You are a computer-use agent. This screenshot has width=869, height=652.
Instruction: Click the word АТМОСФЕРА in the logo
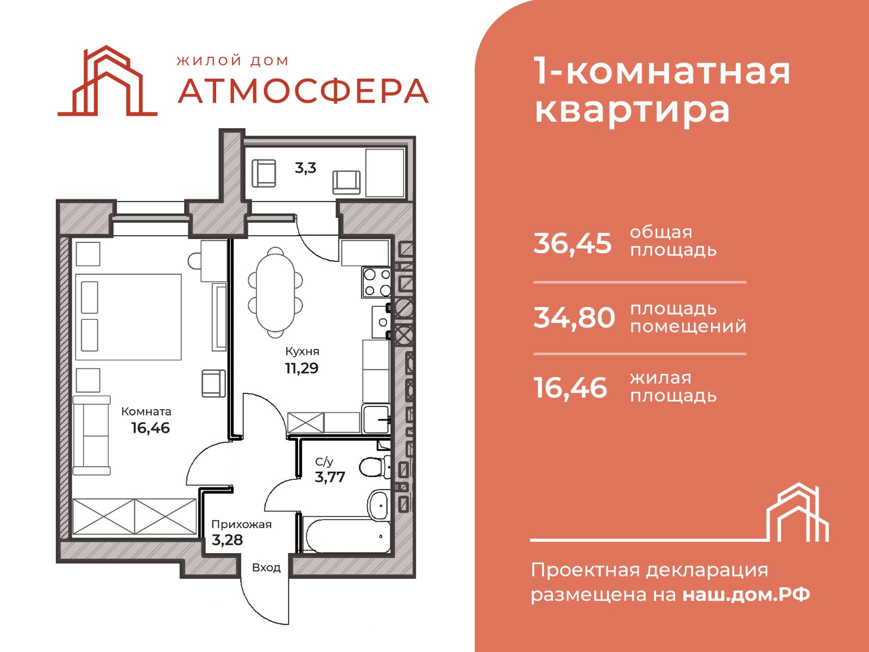coord(303,91)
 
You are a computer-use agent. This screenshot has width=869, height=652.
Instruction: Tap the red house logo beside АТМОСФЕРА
coord(108,81)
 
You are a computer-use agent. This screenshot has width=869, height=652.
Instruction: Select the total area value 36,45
coord(572,243)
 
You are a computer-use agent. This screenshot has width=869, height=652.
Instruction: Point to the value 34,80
coord(574,318)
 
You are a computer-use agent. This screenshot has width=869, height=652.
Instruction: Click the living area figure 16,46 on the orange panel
coord(570,388)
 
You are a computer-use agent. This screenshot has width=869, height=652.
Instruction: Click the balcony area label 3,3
coord(306,168)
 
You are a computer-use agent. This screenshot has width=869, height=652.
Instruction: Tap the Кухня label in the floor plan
coord(303,352)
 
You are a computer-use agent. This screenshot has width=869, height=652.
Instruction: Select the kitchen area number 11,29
coord(301,368)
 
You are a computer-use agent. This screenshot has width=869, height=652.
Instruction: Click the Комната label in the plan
coord(146,412)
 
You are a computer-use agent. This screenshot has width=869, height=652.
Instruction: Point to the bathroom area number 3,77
coord(330,477)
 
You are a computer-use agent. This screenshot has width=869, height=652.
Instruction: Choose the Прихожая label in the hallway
coord(242,525)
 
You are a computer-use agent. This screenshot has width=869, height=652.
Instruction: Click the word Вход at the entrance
coord(267,568)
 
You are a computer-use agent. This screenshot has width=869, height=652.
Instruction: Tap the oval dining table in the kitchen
coord(275,292)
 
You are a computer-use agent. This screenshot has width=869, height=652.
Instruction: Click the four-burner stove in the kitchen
coord(376,282)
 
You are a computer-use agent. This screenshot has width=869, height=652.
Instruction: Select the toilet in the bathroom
coord(375,467)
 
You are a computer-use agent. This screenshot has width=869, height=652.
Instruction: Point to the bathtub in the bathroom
coord(348,537)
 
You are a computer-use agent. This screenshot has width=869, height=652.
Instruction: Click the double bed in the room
coord(128,317)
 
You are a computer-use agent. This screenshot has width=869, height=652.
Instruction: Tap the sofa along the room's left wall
coord(91,435)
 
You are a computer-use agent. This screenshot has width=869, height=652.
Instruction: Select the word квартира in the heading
coord(632,111)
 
